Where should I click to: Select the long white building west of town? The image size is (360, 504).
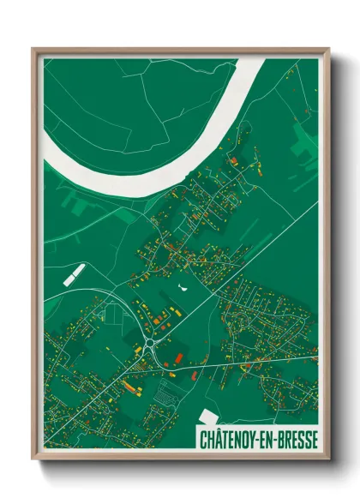[75, 273]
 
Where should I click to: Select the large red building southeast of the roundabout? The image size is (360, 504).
[178, 357]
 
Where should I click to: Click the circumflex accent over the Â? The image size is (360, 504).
[220, 429]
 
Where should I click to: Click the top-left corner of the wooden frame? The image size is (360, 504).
[33, 48]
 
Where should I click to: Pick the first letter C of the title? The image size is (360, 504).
[202, 440]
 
